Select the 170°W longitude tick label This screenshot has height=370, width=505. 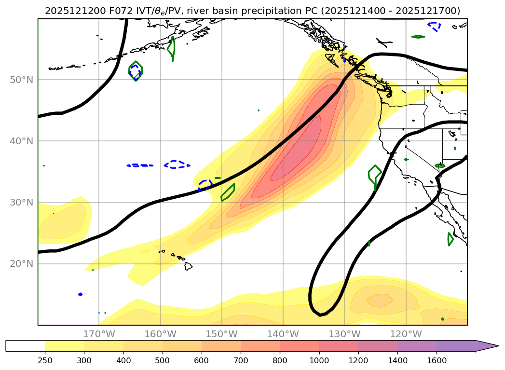pos(99,334)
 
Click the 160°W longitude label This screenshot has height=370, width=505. pos(160,334)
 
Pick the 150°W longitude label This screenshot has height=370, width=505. pos(221,334)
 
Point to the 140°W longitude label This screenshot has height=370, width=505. pos(283,334)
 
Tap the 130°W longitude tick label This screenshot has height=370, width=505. pos(344,334)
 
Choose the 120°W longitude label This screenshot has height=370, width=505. pos(406,334)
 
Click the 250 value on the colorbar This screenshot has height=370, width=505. pos(45,360)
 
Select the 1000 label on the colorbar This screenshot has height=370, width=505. pos(319,360)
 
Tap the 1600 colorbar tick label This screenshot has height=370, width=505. pos(437,360)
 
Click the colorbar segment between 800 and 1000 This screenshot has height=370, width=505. pos(299,346)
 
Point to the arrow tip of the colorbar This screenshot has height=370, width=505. pos(498,346)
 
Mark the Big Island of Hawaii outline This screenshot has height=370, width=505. pos(188,266)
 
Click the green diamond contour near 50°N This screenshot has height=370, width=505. pos(136,71)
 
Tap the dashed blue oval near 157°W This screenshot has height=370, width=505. pos(177,164)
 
